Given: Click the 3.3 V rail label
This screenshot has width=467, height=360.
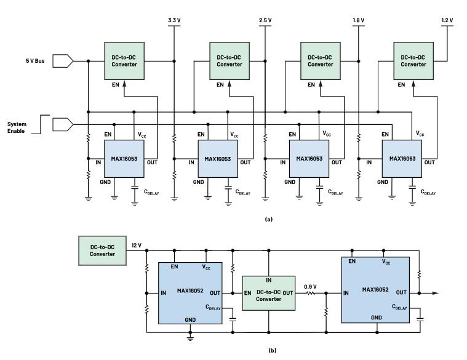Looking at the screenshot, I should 174,20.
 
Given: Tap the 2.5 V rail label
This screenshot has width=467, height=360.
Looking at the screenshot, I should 265,20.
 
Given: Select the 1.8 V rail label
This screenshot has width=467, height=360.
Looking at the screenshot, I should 358,20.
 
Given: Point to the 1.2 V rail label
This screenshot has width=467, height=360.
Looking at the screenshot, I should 447,20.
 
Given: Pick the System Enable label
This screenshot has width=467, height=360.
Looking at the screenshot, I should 17,127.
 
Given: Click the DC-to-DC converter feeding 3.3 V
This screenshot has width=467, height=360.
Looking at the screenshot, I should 124,60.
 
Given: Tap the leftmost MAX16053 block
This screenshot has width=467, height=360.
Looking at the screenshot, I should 125,159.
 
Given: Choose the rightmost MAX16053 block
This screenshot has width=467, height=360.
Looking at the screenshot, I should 402,159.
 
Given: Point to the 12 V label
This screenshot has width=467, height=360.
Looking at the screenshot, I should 136,245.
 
